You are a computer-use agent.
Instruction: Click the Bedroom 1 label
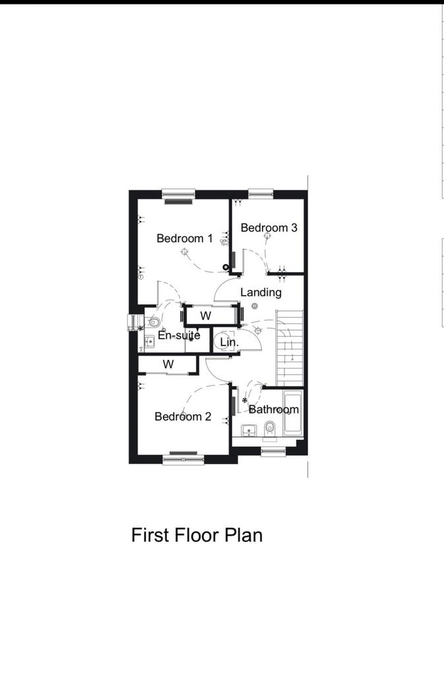pos(184,238)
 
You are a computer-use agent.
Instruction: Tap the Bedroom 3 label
pos(269,228)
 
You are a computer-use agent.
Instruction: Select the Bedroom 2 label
pos(183,417)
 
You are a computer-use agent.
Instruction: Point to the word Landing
pos(261,292)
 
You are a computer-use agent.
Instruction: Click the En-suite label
pos(179,335)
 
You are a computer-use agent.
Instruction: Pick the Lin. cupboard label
pos(229,343)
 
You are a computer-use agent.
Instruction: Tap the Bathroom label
pos(274,409)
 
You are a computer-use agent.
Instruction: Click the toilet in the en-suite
pos(152,321)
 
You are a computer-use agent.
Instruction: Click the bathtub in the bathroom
pos(293,413)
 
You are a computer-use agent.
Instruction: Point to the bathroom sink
pos(249,430)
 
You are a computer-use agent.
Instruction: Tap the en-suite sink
pos(149,342)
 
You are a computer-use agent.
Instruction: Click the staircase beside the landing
pos(290,349)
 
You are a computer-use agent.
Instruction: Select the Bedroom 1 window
pos(178,195)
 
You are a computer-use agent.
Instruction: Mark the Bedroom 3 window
pos(261,194)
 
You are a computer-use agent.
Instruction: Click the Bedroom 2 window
pos(183,459)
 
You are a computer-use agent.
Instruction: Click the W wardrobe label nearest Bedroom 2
pos(168,364)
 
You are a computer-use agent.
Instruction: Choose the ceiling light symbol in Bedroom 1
pos(185,252)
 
